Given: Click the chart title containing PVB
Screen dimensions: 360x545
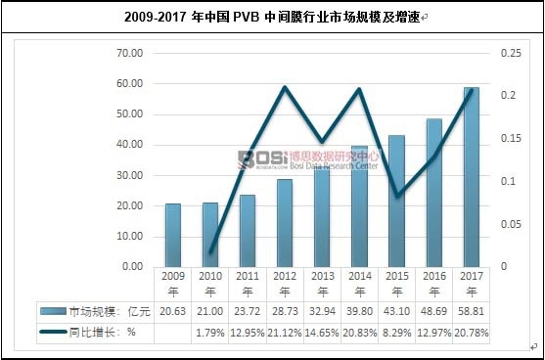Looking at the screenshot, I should (272, 18).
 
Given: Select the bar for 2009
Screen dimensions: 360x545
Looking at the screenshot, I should (172, 235).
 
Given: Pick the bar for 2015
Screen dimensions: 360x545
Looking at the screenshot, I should (396, 202).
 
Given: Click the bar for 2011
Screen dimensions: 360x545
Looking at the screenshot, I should (248, 231).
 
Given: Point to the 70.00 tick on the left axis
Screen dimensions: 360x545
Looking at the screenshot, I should (129, 53).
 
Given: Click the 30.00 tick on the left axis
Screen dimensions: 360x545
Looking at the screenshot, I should (129, 175).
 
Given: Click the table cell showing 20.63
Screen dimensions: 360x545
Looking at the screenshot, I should (172, 310).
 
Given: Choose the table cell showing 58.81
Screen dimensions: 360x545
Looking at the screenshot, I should (472, 310).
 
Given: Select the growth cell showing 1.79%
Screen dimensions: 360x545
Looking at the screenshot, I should (210, 333).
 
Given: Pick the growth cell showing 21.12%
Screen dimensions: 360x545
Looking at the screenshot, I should (285, 333).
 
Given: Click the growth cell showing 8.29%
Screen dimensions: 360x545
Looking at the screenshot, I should (396, 333).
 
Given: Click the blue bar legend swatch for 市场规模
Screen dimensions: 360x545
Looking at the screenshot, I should (53, 310).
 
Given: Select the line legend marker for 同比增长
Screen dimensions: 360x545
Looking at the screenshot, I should (53, 333).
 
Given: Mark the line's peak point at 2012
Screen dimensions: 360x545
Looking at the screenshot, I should (285, 87).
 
